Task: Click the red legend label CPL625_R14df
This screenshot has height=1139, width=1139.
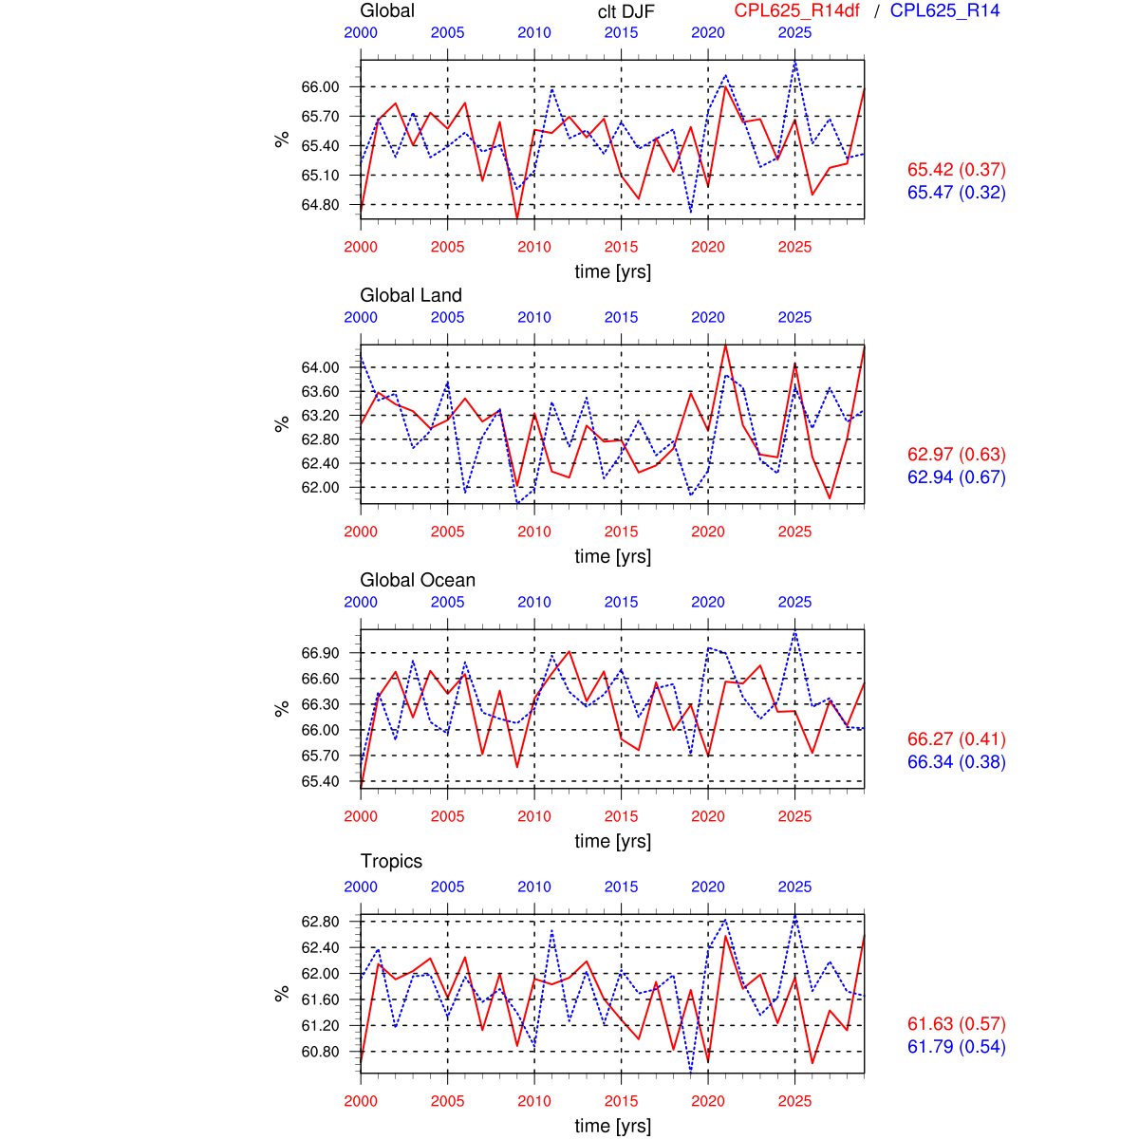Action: [x=796, y=10]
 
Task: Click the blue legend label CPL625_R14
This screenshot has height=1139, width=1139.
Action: [x=944, y=10]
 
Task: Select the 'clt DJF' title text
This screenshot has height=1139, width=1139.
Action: [x=626, y=11]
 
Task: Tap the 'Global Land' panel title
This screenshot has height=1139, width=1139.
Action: [x=410, y=295]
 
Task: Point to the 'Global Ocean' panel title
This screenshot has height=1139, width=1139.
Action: [x=417, y=580]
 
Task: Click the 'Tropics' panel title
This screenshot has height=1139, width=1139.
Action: [x=391, y=861]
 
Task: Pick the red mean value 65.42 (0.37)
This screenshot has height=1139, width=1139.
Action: [x=956, y=170]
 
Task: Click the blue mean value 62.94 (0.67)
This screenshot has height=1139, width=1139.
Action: [x=956, y=477]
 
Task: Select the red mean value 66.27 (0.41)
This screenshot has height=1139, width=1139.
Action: [x=956, y=739]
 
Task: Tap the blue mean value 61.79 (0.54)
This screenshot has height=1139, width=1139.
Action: [x=956, y=1047]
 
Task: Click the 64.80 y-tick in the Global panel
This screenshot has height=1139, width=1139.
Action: [x=320, y=205]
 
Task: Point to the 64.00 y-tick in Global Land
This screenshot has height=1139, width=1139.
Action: [x=320, y=368]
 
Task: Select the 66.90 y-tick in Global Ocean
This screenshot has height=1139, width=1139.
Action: [x=320, y=653]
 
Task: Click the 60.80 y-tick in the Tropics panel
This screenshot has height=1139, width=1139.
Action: [x=320, y=1052]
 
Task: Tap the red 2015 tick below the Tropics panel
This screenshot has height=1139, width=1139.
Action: [x=621, y=1101]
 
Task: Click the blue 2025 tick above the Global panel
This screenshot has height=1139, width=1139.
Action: [x=794, y=33]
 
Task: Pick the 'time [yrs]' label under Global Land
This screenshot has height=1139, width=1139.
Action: [x=612, y=556]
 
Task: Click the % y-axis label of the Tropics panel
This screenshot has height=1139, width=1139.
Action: [x=282, y=993]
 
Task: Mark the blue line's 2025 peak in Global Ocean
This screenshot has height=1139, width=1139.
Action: [x=794, y=632]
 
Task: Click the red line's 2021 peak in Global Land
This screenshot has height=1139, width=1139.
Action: [x=725, y=345]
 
